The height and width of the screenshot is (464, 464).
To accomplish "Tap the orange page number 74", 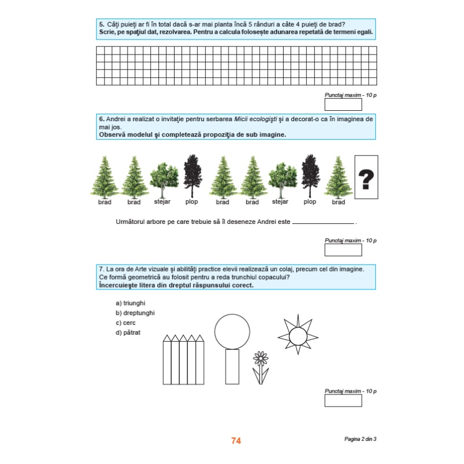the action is pos(236,441).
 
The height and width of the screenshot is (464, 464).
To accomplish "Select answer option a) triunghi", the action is pos(130,303).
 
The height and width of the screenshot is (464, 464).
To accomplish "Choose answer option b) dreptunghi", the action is pos(135,313).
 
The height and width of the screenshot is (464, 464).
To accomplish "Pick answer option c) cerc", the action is pos(125,322).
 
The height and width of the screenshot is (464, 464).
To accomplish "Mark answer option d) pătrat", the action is pos(128,332).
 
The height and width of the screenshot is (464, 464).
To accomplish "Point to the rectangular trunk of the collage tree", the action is pos(233,367).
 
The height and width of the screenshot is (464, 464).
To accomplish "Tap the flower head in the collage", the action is pos(260,358).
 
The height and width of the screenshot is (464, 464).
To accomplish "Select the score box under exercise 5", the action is pos(343,104).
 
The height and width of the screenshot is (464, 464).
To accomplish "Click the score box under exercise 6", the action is pos(343,250).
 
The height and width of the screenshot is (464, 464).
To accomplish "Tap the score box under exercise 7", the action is pos(343,401).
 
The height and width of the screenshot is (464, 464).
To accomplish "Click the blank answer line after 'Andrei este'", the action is pos(323,223).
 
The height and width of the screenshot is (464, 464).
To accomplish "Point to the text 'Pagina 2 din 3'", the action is pos(360,439).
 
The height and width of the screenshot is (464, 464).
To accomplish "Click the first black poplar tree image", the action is pos(193,176).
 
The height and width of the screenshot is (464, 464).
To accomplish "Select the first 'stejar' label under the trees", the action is pos(162,201).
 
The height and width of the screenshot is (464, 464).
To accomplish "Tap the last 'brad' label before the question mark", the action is pos(338,202).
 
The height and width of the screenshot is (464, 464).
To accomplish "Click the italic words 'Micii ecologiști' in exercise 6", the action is pos(256,119).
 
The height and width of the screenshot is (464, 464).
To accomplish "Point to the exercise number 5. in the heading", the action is pos(101,24).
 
